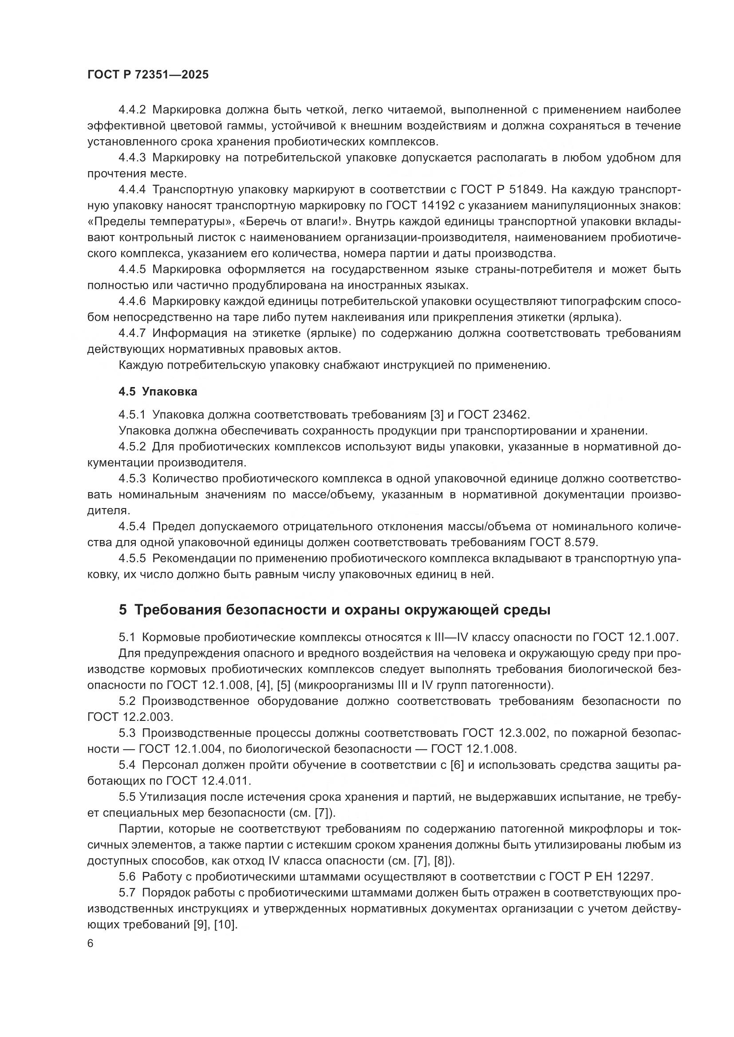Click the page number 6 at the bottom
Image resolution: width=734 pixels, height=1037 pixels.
click(91, 943)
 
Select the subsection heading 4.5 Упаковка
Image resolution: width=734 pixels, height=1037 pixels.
click(158, 391)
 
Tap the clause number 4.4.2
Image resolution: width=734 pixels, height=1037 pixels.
click(132, 110)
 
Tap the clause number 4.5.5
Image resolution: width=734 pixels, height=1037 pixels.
click(132, 558)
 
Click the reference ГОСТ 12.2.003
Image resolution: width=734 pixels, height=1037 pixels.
click(130, 717)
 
